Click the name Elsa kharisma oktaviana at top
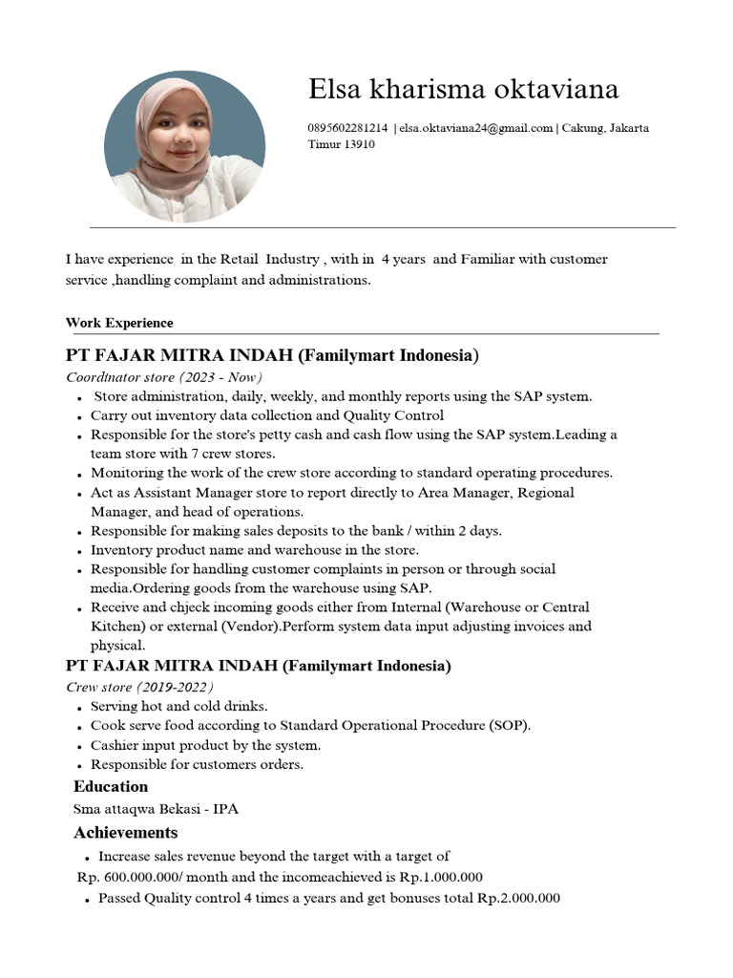click(x=463, y=89)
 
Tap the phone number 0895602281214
click(x=347, y=128)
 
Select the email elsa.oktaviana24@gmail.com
click(x=476, y=128)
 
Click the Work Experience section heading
click(x=119, y=323)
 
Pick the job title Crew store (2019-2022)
click(x=139, y=687)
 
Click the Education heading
click(x=111, y=786)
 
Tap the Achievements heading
click(x=126, y=832)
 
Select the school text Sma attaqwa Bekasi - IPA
click(x=156, y=809)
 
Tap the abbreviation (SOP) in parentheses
click(x=512, y=726)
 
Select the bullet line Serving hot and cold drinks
click(x=178, y=707)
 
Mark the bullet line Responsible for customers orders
click(x=197, y=764)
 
